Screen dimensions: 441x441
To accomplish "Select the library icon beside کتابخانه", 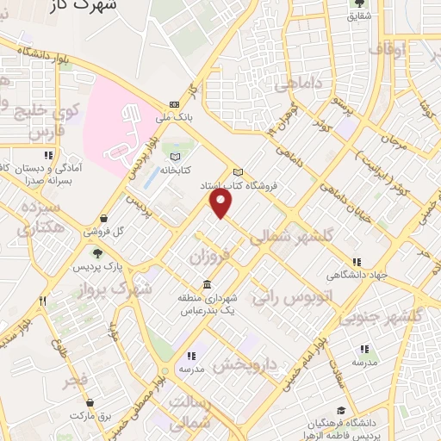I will pyautogui.click(x=177, y=157).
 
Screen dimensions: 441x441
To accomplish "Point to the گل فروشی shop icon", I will pyautogui.click(x=104, y=219).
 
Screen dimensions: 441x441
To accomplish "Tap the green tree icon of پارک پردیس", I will pyautogui.click(x=96, y=252).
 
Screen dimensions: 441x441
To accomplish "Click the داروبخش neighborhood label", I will pyautogui.click(x=245, y=366).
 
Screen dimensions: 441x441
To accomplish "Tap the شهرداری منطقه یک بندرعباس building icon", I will pyautogui.click(x=207, y=285).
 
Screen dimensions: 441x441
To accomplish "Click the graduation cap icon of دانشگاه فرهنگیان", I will pyautogui.click(x=341, y=411).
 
